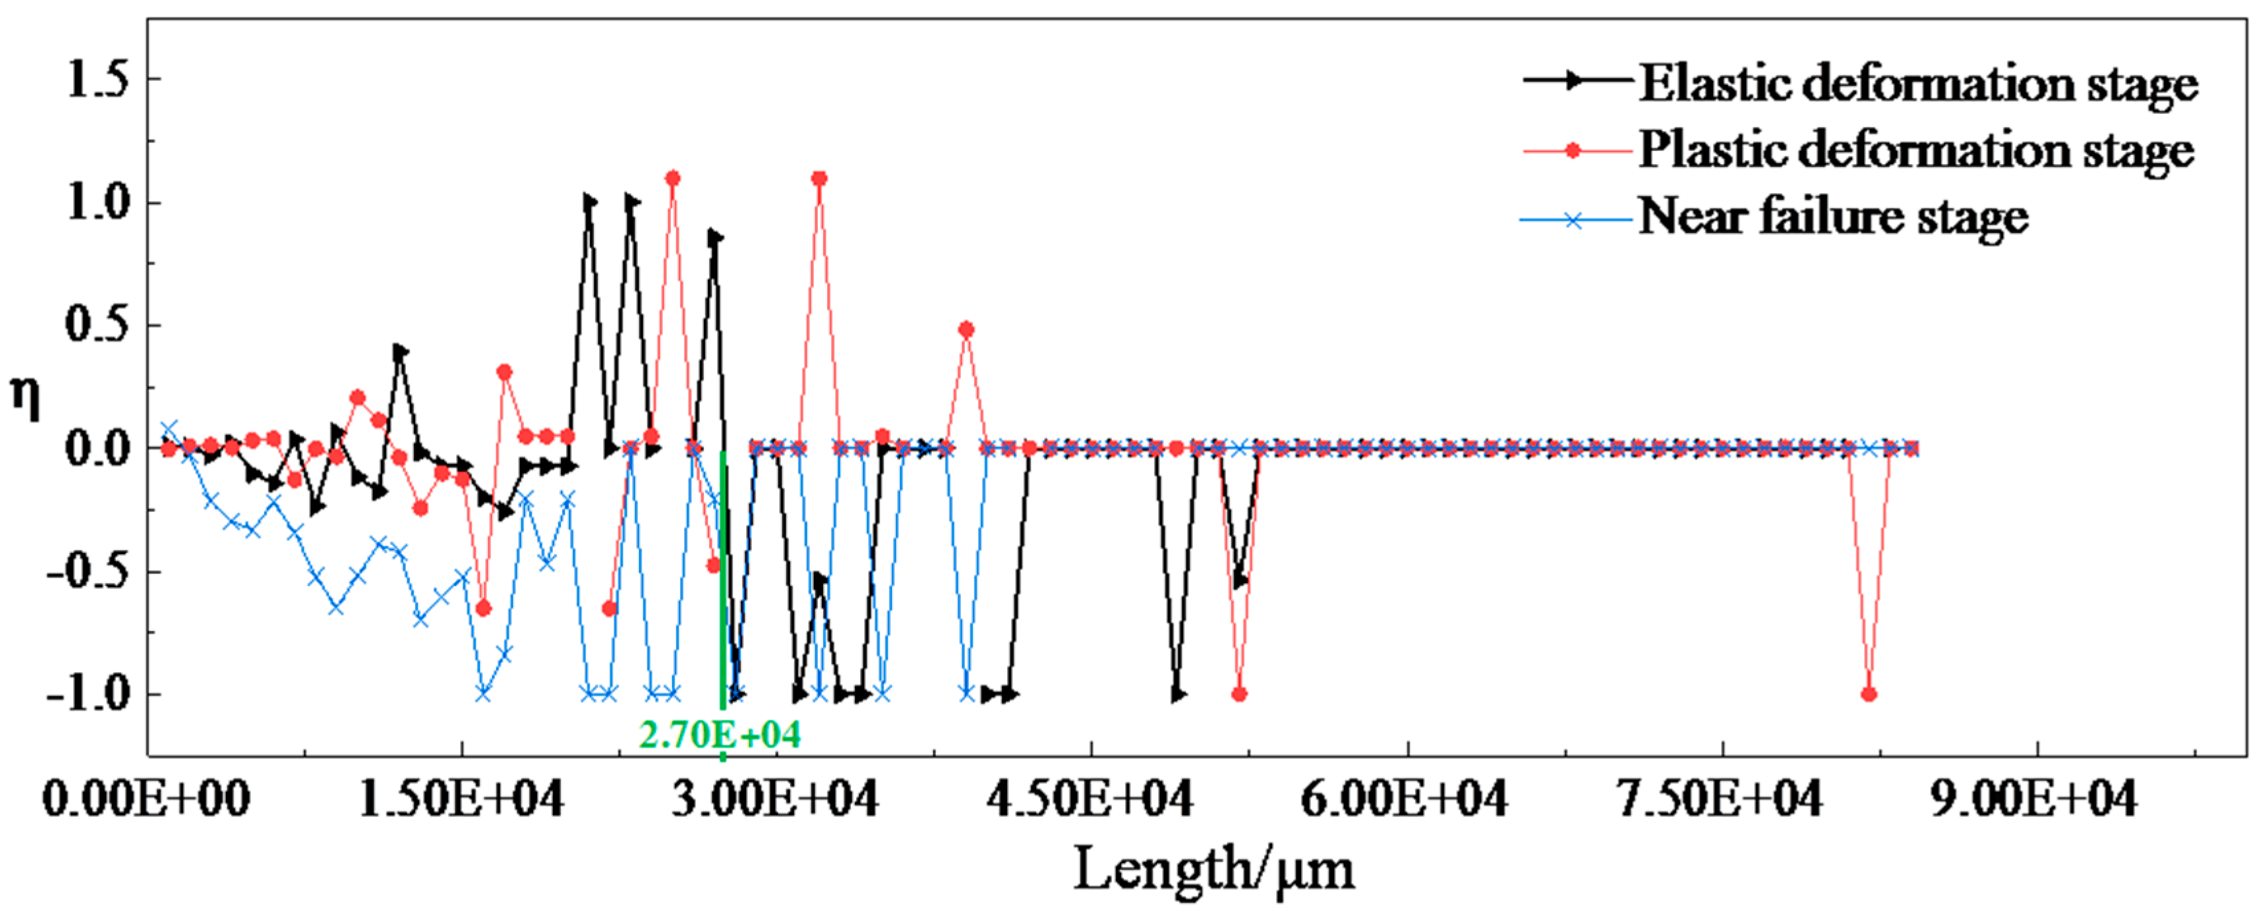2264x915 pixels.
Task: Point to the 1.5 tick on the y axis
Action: [x=97, y=80]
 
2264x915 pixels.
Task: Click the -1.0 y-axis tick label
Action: [x=88, y=695]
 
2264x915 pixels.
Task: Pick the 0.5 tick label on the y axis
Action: [x=97, y=325]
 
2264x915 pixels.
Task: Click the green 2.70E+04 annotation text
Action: [x=720, y=735]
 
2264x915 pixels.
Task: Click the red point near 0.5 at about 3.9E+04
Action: [x=966, y=330]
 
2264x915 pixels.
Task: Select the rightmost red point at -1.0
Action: [x=1869, y=695]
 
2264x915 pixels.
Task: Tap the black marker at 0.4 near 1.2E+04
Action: [x=400, y=352]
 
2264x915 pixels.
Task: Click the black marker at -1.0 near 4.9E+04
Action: [x=1178, y=695]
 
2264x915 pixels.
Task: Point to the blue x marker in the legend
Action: [x=1573, y=220]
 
